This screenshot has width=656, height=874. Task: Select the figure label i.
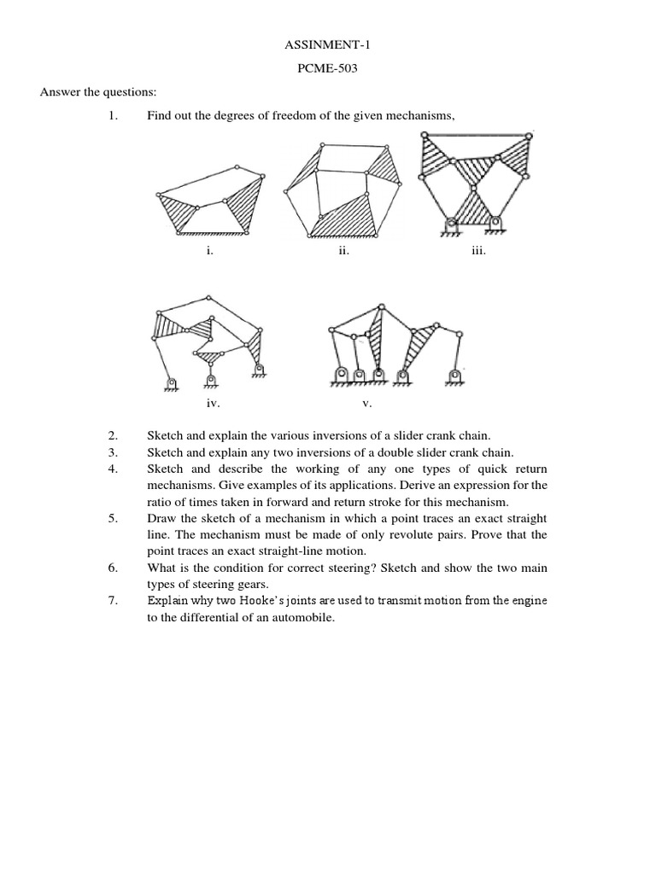coord(208,253)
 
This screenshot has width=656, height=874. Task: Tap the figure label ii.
coord(343,253)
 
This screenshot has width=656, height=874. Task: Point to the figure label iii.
coord(478,253)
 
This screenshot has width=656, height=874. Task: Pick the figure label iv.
coord(213,402)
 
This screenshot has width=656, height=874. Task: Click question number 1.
coord(114,116)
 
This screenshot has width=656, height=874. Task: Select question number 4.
coord(114,469)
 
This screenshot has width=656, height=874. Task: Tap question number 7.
coord(114,600)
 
